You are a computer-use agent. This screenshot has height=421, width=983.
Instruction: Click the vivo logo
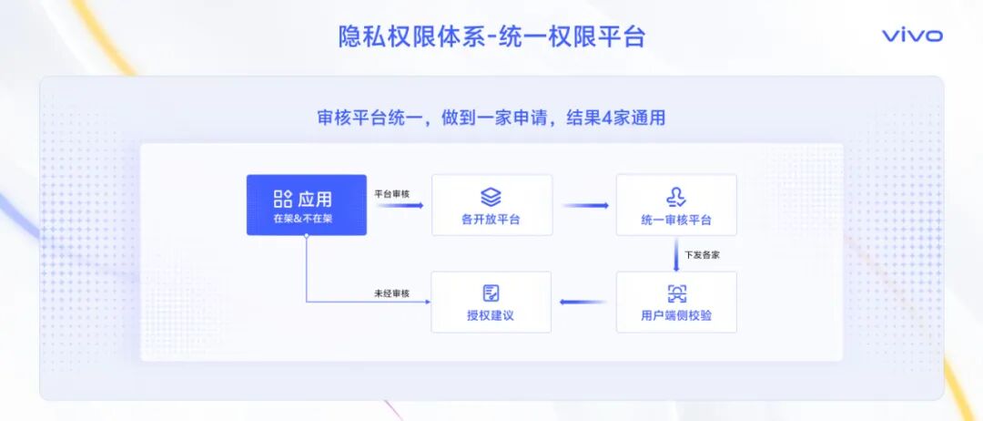point(912,36)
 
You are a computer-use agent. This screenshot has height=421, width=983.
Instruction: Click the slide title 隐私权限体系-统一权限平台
point(491,36)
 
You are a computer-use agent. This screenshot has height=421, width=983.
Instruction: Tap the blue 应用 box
point(306,205)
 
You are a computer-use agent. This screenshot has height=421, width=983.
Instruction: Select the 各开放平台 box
point(491,205)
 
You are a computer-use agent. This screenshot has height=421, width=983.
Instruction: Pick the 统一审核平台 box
point(676,205)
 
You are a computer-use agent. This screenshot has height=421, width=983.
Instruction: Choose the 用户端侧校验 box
point(676,302)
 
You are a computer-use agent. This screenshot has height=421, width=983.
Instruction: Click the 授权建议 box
point(491,302)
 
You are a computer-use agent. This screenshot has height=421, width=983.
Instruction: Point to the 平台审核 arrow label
point(392,193)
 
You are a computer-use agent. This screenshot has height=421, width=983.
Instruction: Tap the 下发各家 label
point(703,254)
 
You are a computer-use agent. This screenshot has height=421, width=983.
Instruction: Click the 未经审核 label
point(392,293)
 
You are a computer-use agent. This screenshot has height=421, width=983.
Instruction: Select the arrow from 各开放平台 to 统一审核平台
point(585,205)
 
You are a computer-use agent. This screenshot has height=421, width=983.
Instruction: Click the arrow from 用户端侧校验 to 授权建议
point(583,302)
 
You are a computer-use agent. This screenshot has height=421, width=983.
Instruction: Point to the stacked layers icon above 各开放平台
point(491,196)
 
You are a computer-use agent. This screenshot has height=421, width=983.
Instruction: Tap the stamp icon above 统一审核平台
point(676,196)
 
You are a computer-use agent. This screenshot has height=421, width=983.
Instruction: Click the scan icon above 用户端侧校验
point(676,293)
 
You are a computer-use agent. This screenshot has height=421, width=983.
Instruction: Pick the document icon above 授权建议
point(491,293)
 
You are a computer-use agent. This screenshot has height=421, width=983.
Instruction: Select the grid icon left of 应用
point(282,199)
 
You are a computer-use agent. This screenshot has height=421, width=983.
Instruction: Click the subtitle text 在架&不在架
point(303,220)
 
